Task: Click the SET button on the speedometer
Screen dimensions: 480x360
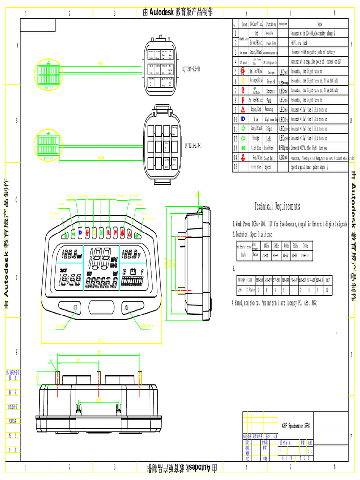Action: coord(75,307)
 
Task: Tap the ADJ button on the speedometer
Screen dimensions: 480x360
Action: coord(126,307)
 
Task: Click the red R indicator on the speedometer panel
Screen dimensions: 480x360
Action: coord(108,232)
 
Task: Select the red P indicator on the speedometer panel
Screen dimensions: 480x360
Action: coord(115,232)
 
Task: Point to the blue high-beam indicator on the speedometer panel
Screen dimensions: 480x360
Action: coord(80,232)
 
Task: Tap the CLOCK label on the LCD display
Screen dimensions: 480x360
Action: coord(63,270)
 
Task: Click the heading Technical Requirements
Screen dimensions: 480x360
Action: coord(277,206)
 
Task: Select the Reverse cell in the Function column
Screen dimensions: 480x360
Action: coord(271,90)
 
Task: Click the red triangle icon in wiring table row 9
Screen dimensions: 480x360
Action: coord(243,109)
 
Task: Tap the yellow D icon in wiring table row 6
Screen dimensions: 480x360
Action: coord(243,81)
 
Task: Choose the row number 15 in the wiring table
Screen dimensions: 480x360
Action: coord(236,166)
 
